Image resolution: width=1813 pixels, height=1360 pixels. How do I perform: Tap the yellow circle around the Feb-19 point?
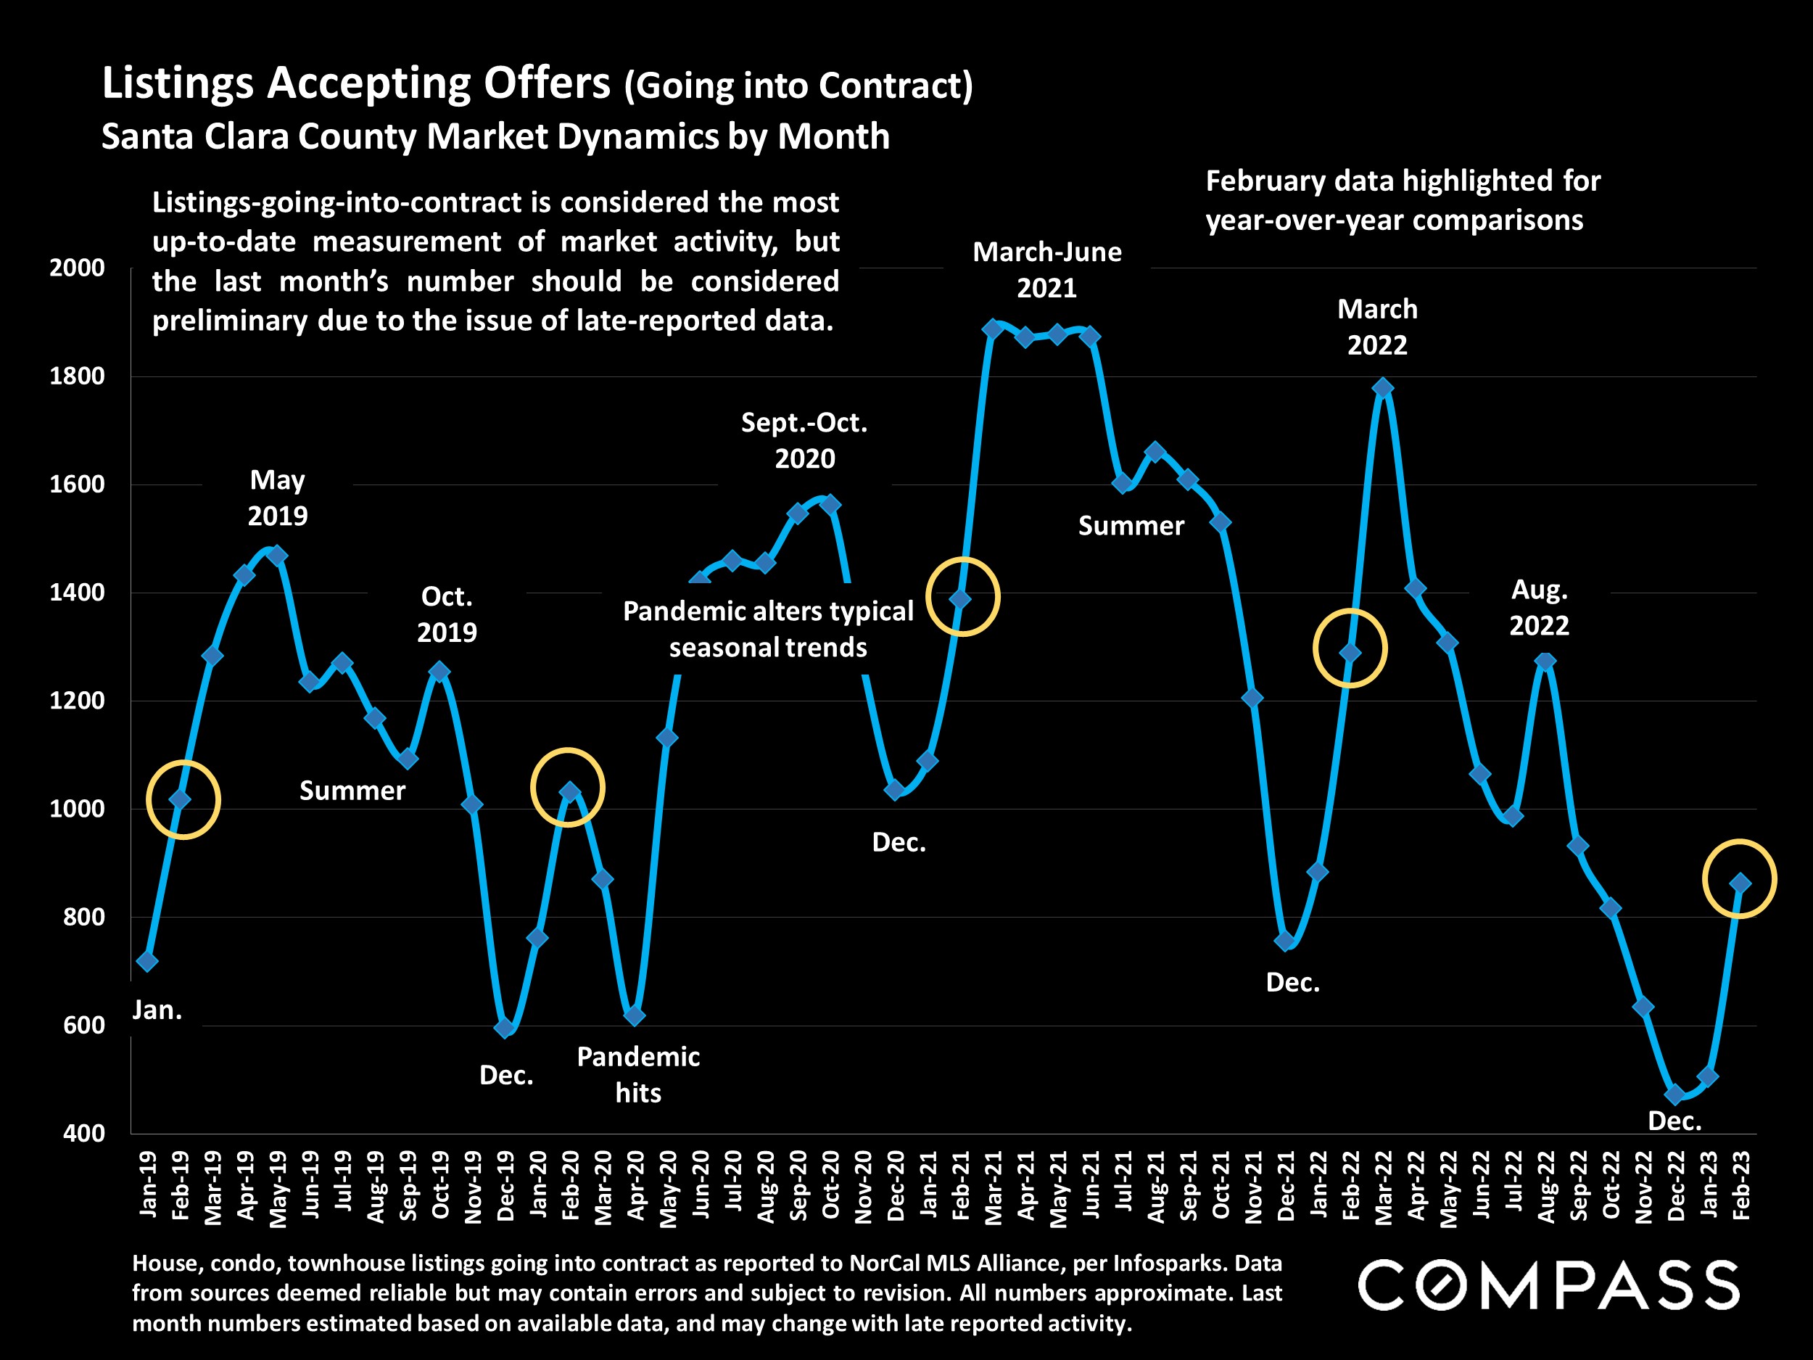pyautogui.click(x=183, y=799)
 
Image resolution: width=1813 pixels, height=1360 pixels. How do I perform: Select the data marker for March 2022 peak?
pyautogui.click(x=1383, y=388)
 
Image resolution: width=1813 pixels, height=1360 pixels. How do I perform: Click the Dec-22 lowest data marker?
pyautogui.click(x=1674, y=1095)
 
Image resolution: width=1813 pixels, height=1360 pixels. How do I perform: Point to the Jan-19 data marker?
pyautogui.click(x=147, y=961)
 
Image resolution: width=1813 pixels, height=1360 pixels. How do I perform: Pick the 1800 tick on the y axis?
pyautogui.click(x=77, y=376)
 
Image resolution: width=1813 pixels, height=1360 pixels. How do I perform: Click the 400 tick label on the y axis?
pyautogui.click(x=84, y=1133)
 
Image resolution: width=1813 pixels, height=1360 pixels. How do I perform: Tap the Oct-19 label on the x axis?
pyautogui.click(x=440, y=1184)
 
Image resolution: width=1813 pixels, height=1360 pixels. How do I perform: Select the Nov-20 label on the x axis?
pyautogui.click(x=863, y=1186)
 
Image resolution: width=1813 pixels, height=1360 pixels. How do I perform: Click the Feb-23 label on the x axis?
pyautogui.click(x=1740, y=1184)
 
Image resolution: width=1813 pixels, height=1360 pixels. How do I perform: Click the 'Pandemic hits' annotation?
pyautogui.click(x=637, y=1074)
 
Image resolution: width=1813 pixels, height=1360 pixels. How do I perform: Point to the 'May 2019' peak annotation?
pyautogui.click(x=278, y=498)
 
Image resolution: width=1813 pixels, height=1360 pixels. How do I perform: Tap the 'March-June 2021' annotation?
pyautogui.click(x=1046, y=270)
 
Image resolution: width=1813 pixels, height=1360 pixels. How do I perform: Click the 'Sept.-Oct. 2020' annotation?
pyautogui.click(x=804, y=440)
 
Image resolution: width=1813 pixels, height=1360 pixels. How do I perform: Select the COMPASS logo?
pyautogui.click(x=1548, y=1285)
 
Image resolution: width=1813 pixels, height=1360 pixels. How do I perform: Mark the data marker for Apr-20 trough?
pyautogui.click(x=635, y=1015)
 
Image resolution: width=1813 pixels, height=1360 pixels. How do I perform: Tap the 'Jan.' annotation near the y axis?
pyautogui.click(x=157, y=1010)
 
